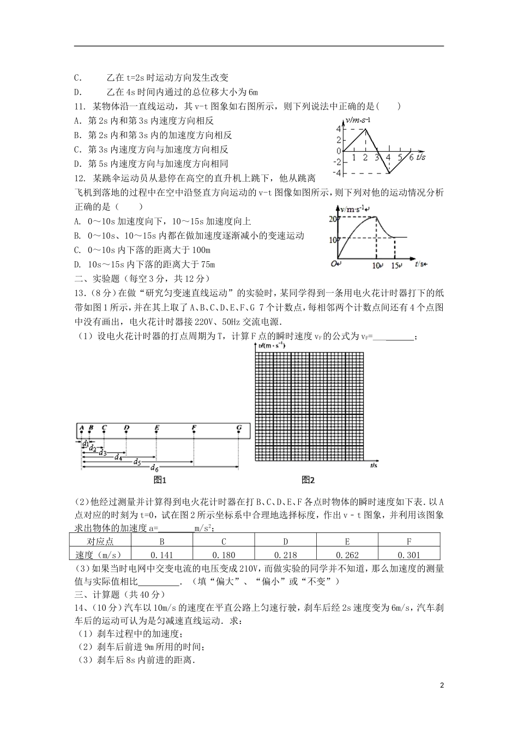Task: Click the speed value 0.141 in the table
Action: click(162, 555)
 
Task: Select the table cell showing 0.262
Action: click(347, 555)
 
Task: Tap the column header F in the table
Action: click(408, 542)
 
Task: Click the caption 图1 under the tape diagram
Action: click(160, 480)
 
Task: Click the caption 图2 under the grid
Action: click(309, 480)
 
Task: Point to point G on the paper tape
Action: click(239, 428)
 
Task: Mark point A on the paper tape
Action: click(81, 428)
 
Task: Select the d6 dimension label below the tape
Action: click(155, 469)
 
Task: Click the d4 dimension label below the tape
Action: click(118, 457)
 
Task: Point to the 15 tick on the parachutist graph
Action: click(396, 266)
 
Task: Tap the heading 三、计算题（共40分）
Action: click(119, 594)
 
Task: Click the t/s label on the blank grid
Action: click(374, 465)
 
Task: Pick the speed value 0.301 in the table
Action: click(408, 555)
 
